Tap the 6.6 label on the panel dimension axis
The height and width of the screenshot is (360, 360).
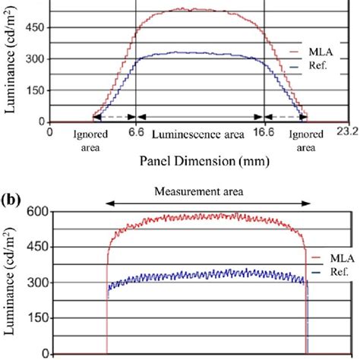(134, 131)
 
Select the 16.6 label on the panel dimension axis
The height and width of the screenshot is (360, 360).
(264, 131)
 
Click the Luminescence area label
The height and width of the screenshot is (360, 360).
(198, 134)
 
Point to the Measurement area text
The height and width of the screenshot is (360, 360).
(209, 191)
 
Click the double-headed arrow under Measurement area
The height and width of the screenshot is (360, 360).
(209, 204)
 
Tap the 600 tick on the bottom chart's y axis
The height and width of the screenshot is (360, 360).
(36, 212)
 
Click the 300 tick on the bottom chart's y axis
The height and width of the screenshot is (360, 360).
(36, 283)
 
